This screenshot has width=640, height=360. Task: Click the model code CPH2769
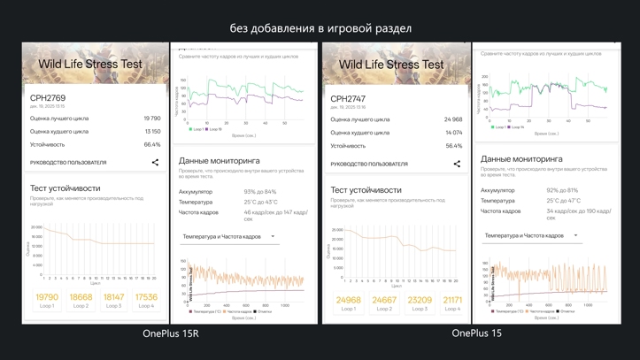[x=48, y=98]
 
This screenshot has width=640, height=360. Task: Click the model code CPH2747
[x=349, y=99]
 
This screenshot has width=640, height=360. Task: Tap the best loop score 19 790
[x=152, y=118]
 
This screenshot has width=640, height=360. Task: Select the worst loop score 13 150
[x=152, y=131]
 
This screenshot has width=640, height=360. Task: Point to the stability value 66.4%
[x=152, y=144]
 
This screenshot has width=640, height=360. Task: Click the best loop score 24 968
[x=453, y=119]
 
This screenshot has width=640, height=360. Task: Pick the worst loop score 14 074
[x=453, y=133]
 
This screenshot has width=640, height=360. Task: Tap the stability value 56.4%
[x=454, y=146]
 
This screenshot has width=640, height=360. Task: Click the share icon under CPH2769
[x=155, y=162]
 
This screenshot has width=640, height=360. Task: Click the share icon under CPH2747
[x=457, y=164]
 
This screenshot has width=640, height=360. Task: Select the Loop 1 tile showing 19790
[x=47, y=301]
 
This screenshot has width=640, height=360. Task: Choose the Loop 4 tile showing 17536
[x=146, y=301]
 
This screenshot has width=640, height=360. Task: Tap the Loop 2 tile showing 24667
[x=384, y=303]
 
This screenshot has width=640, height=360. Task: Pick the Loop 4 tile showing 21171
[x=452, y=303]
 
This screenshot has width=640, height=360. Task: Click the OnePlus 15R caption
[x=171, y=333]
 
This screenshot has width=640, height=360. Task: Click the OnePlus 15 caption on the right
[x=476, y=333]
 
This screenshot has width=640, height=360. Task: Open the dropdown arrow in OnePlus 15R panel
[x=273, y=236]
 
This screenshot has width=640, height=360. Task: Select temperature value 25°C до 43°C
[x=261, y=203]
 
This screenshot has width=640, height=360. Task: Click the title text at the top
[x=320, y=28]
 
